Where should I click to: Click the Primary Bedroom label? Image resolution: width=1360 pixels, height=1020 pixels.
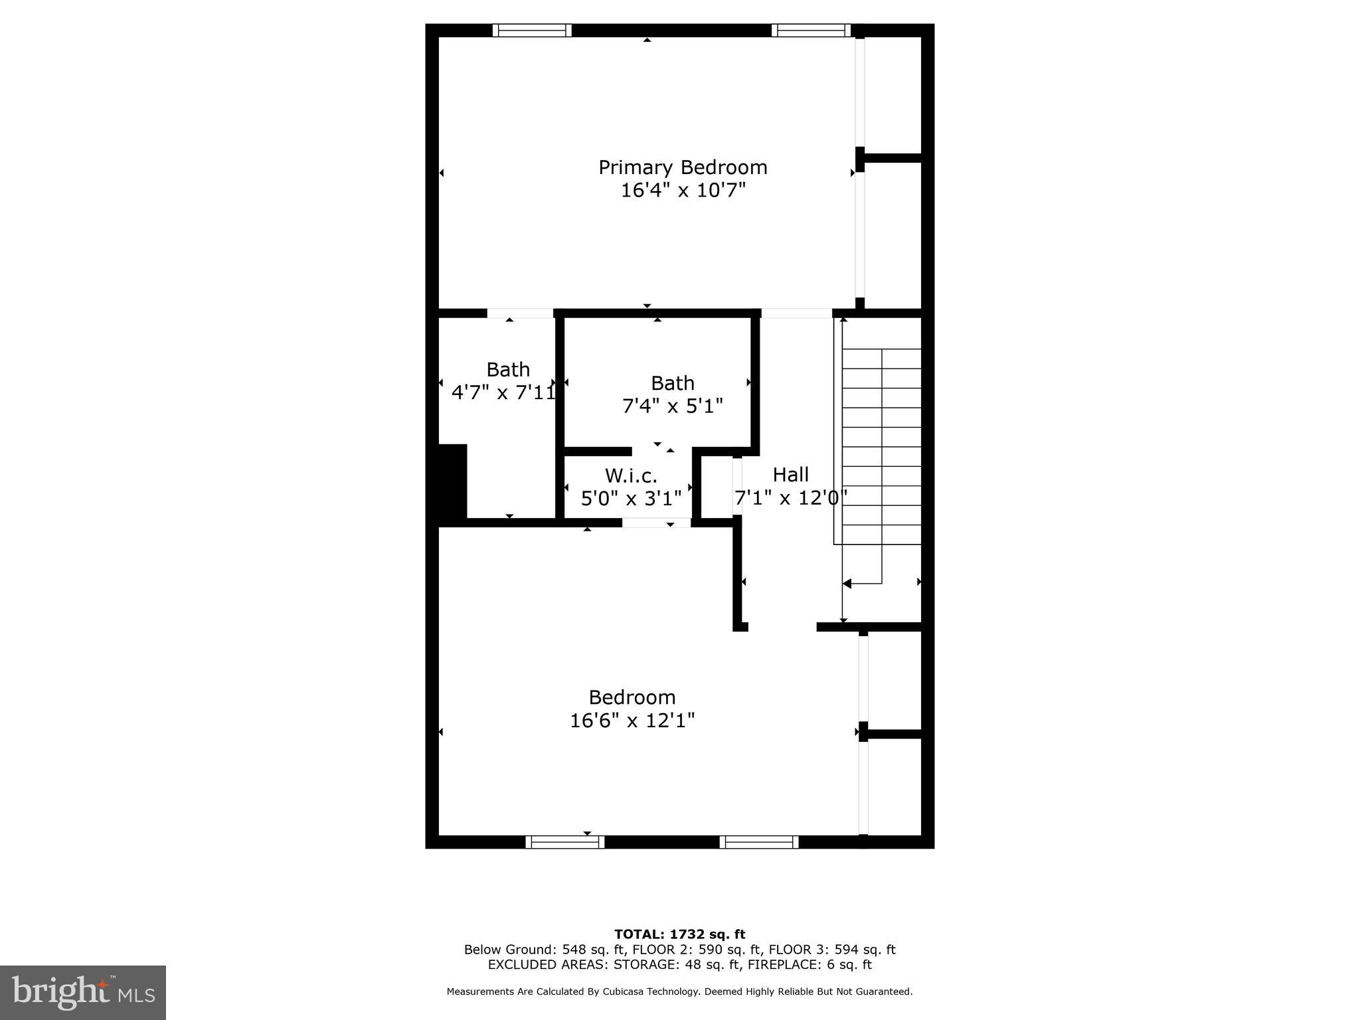tap(683, 167)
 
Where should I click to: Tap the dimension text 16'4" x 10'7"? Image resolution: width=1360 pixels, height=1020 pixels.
tap(683, 191)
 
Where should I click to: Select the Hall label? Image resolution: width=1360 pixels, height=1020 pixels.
tap(790, 475)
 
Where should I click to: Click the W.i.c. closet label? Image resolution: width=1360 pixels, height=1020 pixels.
tap(631, 476)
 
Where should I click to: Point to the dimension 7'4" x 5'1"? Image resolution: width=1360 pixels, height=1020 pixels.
tap(672, 406)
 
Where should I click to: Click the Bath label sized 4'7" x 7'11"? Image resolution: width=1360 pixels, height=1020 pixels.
tap(508, 370)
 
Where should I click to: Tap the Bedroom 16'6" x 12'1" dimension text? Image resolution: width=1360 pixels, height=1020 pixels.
tap(632, 721)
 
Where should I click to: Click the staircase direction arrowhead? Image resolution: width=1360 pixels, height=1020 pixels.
tap(847, 584)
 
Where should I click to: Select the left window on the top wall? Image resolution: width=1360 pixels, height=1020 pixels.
tap(531, 30)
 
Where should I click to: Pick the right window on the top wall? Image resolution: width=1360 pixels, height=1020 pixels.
tap(810, 30)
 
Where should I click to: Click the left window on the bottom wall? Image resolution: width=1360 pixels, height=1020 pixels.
tap(564, 842)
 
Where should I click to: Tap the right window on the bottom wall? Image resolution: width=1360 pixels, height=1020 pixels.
tap(758, 842)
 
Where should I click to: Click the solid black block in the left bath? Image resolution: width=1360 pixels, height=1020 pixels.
tap(452, 481)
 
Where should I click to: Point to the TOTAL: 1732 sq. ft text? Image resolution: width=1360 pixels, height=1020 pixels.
tap(679, 934)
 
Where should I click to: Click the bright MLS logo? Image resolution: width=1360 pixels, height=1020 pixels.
tap(82, 992)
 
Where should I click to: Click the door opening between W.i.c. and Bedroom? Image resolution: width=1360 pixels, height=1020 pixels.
tap(656, 523)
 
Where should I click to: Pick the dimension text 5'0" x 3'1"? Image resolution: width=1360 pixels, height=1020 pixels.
tap(631, 498)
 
